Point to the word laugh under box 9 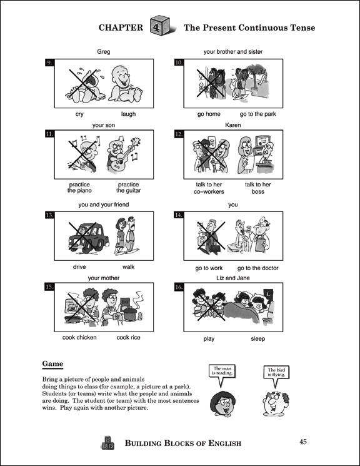(x=128, y=114)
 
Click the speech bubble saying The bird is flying (x=276, y=373)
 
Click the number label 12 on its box (x=179, y=134)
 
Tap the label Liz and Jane (x=233, y=277)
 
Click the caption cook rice (x=128, y=338)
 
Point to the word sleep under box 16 (x=257, y=338)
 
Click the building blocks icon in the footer (x=107, y=443)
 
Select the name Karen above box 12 (x=233, y=125)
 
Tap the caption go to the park (x=257, y=114)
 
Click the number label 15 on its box (x=50, y=288)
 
